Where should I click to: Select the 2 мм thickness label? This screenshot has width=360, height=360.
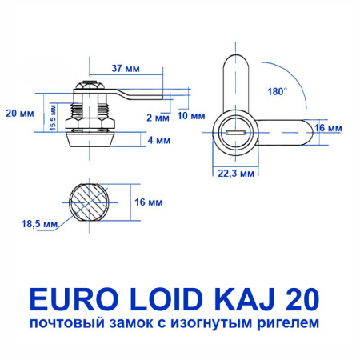(x=158, y=117)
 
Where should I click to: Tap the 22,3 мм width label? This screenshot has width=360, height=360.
(x=236, y=171)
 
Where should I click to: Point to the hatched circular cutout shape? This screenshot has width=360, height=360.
(x=92, y=202)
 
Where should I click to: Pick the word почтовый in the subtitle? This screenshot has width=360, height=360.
(x=66, y=324)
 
